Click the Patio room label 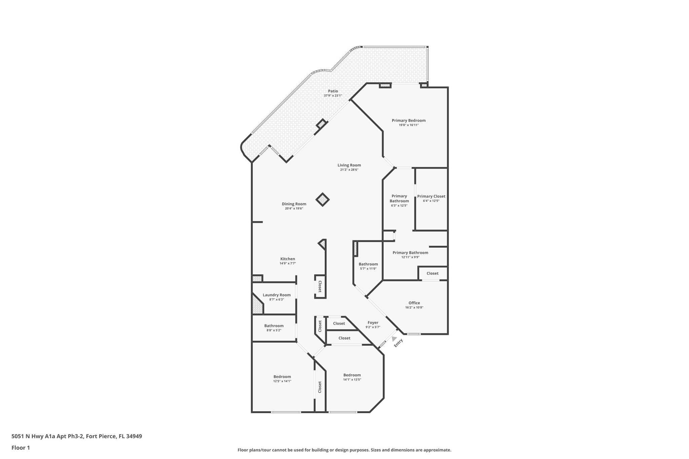pyautogui.click(x=333, y=91)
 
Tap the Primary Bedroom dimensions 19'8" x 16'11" pyautogui.click(x=408, y=125)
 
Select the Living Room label pyautogui.click(x=349, y=165)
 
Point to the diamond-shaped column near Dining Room pyautogui.click(x=322, y=200)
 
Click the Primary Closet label pyautogui.click(x=431, y=196)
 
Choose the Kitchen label pyautogui.click(x=288, y=259)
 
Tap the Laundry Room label pyautogui.click(x=277, y=295)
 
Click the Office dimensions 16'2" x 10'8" pyautogui.click(x=414, y=307)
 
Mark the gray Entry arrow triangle pyautogui.click(x=394, y=339)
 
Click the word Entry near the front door pyautogui.click(x=398, y=343)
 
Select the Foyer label pyautogui.click(x=373, y=322)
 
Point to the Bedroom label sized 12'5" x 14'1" pyautogui.click(x=282, y=377)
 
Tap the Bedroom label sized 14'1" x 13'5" pyautogui.click(x=352, y=375)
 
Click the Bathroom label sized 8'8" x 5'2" pyautogui.click(x=274, y=326)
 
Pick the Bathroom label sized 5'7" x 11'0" pyautogui.click(x=368, y=264)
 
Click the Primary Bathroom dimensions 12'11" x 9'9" pyautogui.click(x=410, y=257)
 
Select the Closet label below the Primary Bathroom pyautogui.click(x=432, y=273)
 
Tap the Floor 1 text pyautogui.click(x=21, y=448)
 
